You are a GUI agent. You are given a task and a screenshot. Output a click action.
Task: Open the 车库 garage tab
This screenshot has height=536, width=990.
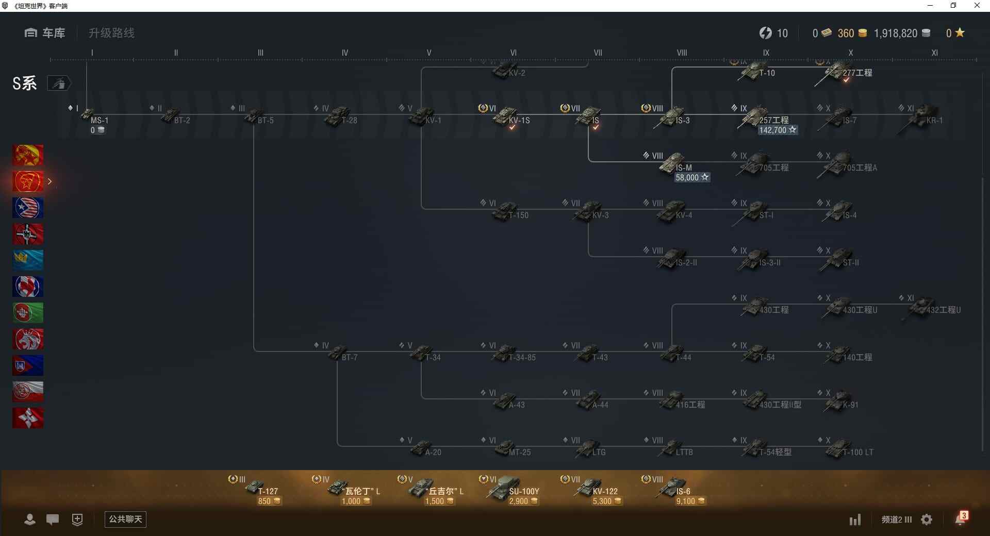(x=45, y=33)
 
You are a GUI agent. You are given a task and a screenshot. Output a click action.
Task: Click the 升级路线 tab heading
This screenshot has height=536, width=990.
(x=111, y=33)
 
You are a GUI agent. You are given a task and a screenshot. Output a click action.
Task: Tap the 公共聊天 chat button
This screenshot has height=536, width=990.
(x=125, y=519)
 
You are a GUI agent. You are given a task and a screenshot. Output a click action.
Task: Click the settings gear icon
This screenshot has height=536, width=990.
(x=927, y=520)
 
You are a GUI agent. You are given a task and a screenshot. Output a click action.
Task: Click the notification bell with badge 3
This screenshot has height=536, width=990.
(x=961, y=519)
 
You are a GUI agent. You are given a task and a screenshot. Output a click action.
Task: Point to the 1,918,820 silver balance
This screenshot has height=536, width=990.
(x=896, y=33)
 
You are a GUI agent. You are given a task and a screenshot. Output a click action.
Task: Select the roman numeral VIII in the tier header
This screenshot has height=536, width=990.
(x=682, y=53)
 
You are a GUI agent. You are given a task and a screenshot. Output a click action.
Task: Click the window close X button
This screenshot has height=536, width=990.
(x=977, y=6)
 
